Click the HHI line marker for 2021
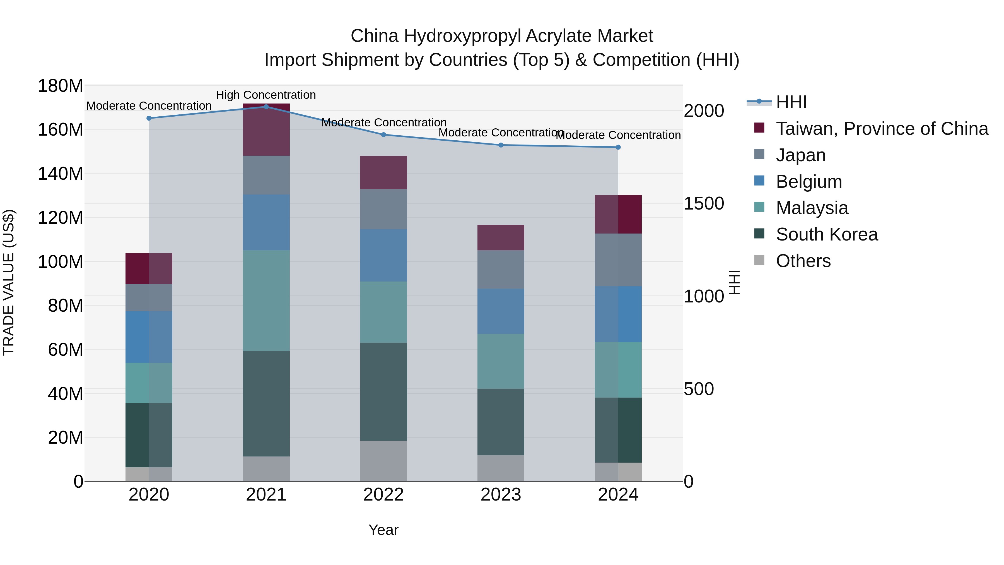tap(266, 107)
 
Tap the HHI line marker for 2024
tap(618, 147)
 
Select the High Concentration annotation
tap(266, 95)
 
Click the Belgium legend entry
tap(809, 182)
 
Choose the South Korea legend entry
tap(827, 234)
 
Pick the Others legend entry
tap(803, 261)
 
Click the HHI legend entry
tap(791, 102)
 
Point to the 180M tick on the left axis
tap(61, 86)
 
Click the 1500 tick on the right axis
tap(704, 204)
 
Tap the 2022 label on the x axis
tap(383, 495)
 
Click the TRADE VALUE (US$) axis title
tap(9, 282)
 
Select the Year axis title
tap(383, 530)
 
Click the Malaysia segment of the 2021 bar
tap(266, 300)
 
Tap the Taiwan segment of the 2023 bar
tap(501, 237)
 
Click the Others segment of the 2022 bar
tap(383, 461)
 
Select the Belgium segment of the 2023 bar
tap(501, 311)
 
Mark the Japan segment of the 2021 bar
tap(266, 175)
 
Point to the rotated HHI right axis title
tap(734, 282)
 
